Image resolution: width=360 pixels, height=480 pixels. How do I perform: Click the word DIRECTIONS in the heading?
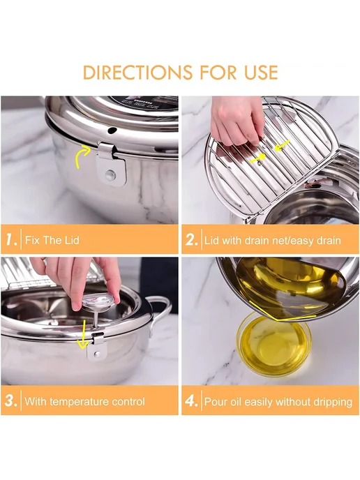137,73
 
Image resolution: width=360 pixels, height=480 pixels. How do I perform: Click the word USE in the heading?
261,73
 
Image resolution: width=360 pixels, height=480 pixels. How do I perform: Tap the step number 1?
11,239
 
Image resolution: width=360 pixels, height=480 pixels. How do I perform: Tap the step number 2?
191,240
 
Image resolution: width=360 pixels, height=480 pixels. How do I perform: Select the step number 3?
11,400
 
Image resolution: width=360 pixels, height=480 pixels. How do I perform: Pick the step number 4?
191,400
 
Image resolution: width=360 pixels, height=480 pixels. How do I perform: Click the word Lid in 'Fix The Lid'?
71,240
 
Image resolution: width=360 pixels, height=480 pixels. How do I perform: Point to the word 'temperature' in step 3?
77,401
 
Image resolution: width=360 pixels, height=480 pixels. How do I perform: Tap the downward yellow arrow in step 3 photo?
82,334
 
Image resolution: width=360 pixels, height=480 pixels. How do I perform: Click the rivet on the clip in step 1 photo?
110,175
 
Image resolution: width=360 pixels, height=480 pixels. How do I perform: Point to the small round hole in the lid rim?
112,130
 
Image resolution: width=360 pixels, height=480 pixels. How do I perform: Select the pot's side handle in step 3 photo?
160,313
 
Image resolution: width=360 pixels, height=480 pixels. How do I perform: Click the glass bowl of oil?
274,345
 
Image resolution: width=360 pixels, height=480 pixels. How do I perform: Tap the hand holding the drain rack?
237,120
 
